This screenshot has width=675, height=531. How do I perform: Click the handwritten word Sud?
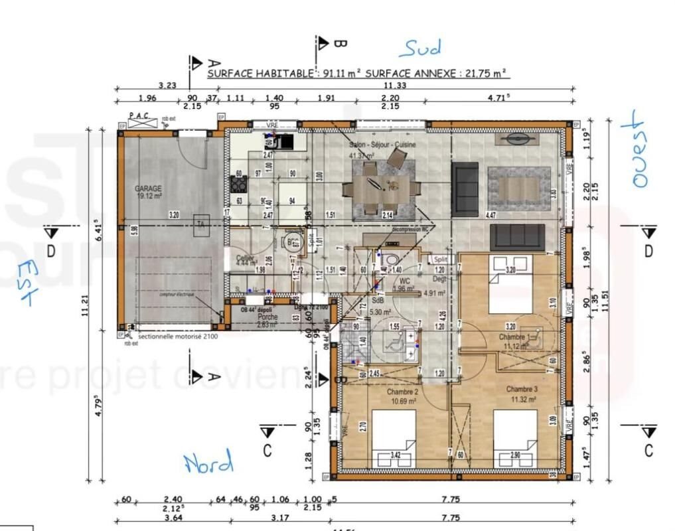pos(419,48)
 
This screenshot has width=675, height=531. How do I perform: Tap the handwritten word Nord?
pos(208,462)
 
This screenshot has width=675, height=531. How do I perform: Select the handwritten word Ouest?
pos(636,149)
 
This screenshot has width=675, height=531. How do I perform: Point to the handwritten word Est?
pos(27,282)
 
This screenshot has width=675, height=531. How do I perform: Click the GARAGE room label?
pos(148,189)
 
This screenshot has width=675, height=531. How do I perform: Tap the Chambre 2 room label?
pos(403,392)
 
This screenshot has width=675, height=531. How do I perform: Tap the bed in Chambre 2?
pos(394,438)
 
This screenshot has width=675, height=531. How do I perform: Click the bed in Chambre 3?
pos(515,438)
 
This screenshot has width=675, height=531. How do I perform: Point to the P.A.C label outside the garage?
pos(139,115)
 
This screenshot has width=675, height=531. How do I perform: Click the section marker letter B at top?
pos(339,44)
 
